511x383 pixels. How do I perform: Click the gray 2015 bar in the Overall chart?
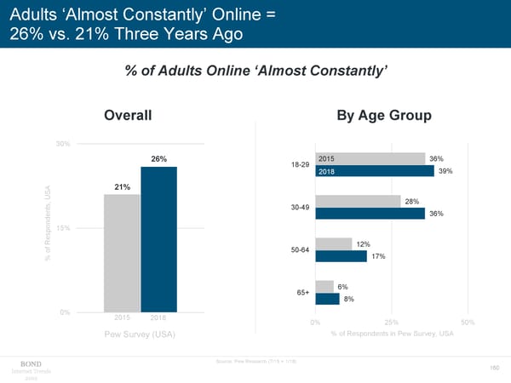pyautogui.click(x=122, y=254)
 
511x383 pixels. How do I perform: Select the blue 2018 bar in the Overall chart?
pyautogui.click(x=158, y=240)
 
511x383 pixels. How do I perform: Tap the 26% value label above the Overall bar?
pyautogui.click(x=158, y=159)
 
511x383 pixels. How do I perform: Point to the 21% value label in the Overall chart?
pyautogui.click(x=122, y=187)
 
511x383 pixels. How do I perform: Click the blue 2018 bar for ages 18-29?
pyautogui.click(x=375, y=171)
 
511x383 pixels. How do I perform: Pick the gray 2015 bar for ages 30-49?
pyautogui.click(x=358, y=201)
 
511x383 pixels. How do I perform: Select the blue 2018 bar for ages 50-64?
pyautogui.click(x=341, y=256)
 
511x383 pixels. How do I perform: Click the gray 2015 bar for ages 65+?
pyautogui.click(x=324, y=286)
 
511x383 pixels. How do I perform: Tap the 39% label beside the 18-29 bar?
pyautogui.click(x=445, y=171)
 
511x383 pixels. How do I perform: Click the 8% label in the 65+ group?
pyautogui.click(x=349, y=299)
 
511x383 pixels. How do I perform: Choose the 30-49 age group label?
pyautogui.click(x=299, y=208)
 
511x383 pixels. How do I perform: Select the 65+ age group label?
pyautogui.click(x=302, y=292)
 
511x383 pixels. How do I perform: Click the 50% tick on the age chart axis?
pyautogui.click(x=467, y=323)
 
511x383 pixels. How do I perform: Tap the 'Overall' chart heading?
pyautogui.click(x=128, y=115)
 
